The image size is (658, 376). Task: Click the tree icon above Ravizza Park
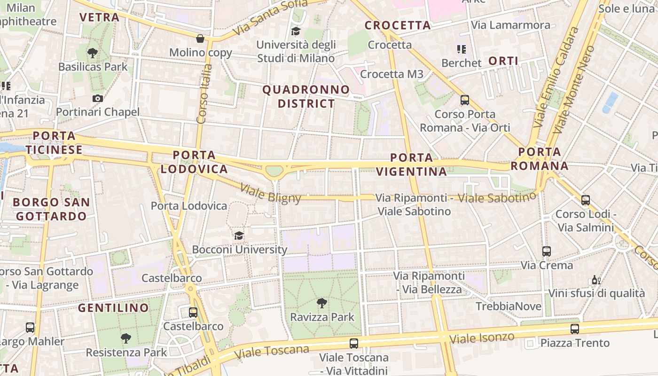(322, 303)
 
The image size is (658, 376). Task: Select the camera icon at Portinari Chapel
(98, 98)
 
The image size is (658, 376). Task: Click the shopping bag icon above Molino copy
(200, 38)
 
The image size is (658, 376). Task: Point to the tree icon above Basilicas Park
(93, 53)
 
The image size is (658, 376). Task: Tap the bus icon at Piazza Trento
(574, 329)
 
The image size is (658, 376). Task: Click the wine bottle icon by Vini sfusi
(596, 280)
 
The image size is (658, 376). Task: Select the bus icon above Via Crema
(546, 251)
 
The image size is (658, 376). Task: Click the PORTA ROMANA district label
(540, 159)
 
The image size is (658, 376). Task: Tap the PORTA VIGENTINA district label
(412, 164)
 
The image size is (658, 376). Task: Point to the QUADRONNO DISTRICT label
(306, 96)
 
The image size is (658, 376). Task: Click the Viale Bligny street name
(270, 194)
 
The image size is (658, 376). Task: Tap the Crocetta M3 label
(392, 74)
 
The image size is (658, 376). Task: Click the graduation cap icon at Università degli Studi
(296, 31)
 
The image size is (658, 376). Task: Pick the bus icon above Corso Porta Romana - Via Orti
(465, 100)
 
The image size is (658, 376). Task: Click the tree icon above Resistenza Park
(125, 338)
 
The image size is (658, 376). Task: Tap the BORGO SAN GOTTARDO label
(51, 209)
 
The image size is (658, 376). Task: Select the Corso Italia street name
(203, 94)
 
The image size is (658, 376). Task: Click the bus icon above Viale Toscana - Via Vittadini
(354, 344)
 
